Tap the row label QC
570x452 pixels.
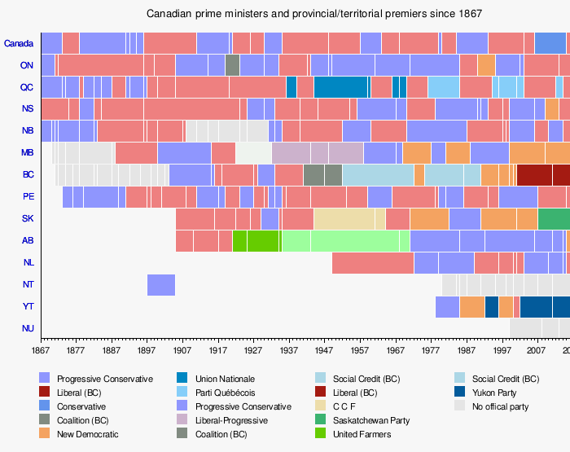click(x=27, y=87)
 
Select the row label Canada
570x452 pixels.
click(x=19, y=43)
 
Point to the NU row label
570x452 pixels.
click(x=27, y=329)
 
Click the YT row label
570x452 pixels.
click(x=27, y=307)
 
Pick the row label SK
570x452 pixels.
click(x=27, y=219)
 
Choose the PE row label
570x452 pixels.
click(x=27, y=197)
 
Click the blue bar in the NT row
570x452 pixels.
click(x=161, y=285)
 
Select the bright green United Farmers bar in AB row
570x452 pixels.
click(x=256, y=241)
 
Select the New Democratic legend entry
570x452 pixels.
click(x=87, y=434)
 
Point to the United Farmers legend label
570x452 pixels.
click(x=362, y=434)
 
